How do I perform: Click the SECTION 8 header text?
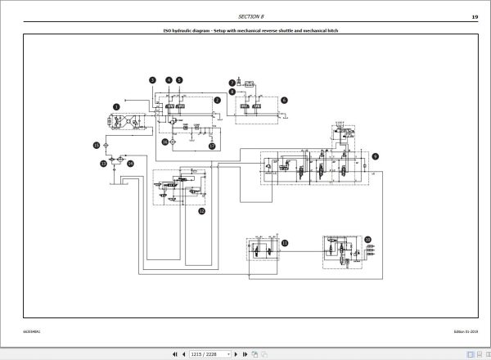click(251, 16)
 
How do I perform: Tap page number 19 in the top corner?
click(475, 16)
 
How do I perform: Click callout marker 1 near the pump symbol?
click(116, 106)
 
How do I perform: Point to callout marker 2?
click(217, 101)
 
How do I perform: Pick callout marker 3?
click(152, 79)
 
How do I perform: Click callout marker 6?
click(284, 100)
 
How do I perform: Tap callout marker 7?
click(232, 83)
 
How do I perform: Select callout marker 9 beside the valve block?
click(376, 155)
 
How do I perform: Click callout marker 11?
click(285, 243)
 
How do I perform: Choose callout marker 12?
click(201, 211)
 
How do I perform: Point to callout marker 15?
click(95, 145)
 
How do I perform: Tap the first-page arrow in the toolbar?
click(173, 353)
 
